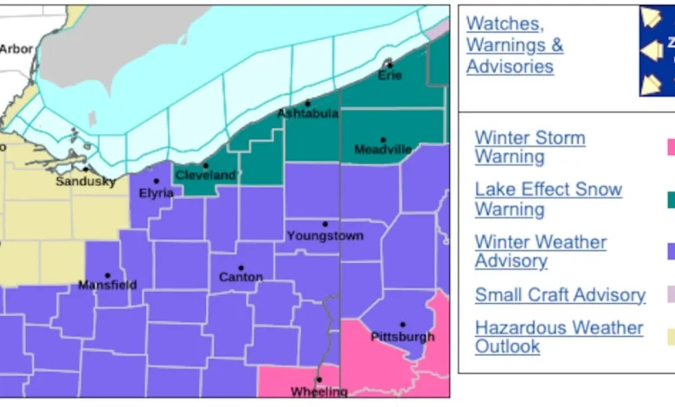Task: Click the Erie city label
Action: click(x=390, y=75)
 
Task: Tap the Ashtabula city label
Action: click(x=308, y=113)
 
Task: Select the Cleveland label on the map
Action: click(x=205, y=175)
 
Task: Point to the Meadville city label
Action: click(x=382, y=150)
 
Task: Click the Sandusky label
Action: click(x=85, y=181)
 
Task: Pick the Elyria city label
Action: click(x=157, y=193)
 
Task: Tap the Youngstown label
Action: click(x=325, y=236)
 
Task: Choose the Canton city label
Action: click(x=241, y=277)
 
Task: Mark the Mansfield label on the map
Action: click(x=107, y=284)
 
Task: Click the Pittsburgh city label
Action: click(x=402, y=336)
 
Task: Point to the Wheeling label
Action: click(x=318, y=391)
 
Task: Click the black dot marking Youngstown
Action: click(x=325, y=224)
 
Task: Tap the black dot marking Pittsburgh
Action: click(x=402, y=325)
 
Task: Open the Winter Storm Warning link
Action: click(x=530, y=147)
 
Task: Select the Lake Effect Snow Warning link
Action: click(x=548, y=199)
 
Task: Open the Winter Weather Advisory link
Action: click(x=541, y=251)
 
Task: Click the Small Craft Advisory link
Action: click(x=560, y=295)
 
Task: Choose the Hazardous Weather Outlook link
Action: click(x=559, y=337)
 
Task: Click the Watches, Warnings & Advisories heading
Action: click(x=515, y=45)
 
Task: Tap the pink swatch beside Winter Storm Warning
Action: click(x=670, y=147)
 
